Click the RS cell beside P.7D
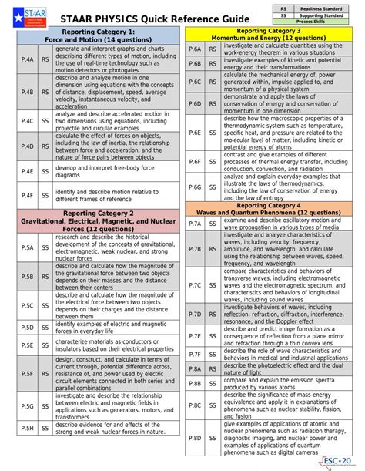point(213,315)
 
